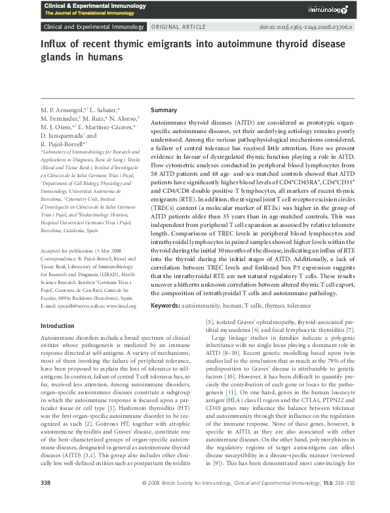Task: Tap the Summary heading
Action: tap(164, 110)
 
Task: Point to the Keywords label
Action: tap(166, 306)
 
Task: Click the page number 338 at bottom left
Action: tap(46, 501)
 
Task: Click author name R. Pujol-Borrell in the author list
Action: tap(64, 144)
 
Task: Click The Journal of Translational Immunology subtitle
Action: tap(85, 14)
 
